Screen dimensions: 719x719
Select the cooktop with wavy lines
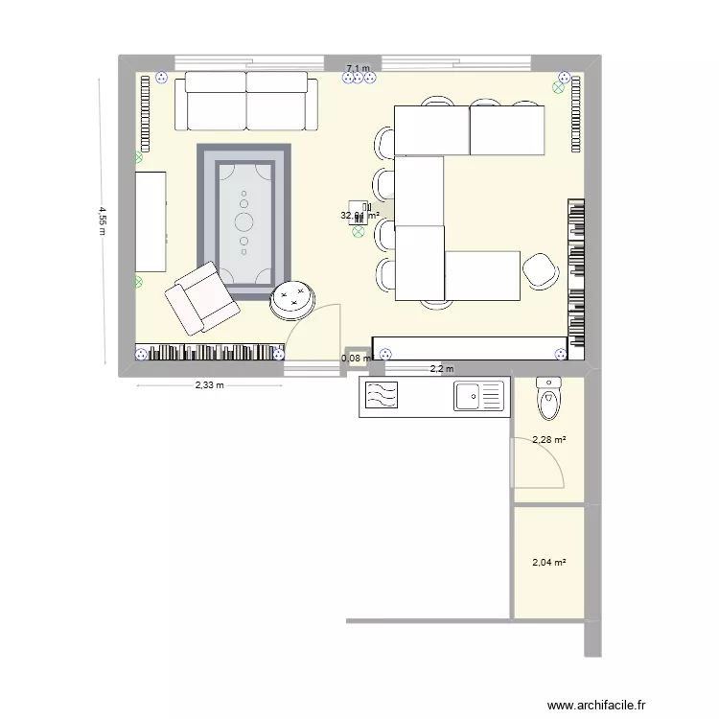[x=382, y=396]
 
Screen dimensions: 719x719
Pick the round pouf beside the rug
[x=292, y=300]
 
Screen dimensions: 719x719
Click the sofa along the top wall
[x=246, y=101]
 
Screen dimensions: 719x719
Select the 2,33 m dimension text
[x=209, y=386]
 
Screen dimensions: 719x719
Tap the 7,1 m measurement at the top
[x=358, y=68]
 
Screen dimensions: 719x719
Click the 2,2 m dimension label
[x=441, y=369]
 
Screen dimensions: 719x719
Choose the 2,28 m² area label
[x=548, y=440]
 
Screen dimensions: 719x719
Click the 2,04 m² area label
[x=548, y=563]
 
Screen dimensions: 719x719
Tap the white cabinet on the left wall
[x=151, y=220]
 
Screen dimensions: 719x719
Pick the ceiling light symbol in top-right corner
[x=559, y=87]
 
